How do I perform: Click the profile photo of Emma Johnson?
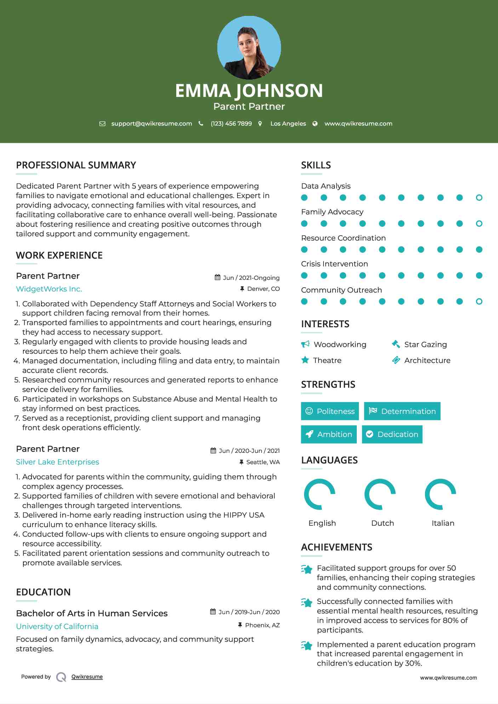point(249,48)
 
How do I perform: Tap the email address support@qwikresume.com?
point(151,124)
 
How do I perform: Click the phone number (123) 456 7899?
point(231,124)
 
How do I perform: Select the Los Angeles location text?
point(288,124)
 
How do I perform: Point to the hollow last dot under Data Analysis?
point(479,198)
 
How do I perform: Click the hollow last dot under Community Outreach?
point(479,301)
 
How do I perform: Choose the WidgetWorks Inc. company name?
point(49,289)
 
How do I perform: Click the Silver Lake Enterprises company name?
point(57,462)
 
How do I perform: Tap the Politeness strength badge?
point(330,411)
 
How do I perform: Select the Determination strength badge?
point(402,411)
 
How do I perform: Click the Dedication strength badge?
point(392,434)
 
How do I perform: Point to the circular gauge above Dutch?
point(380,494)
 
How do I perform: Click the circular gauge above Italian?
point(440,494)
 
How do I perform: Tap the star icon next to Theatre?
point(305,360)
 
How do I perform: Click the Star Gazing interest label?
point(425,345)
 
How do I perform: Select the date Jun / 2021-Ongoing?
point(251,278)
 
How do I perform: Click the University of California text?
point(57,627)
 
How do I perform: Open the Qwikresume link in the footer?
point(87,677)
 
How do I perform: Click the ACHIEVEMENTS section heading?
point(336,547)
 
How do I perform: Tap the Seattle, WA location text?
point(263,462)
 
